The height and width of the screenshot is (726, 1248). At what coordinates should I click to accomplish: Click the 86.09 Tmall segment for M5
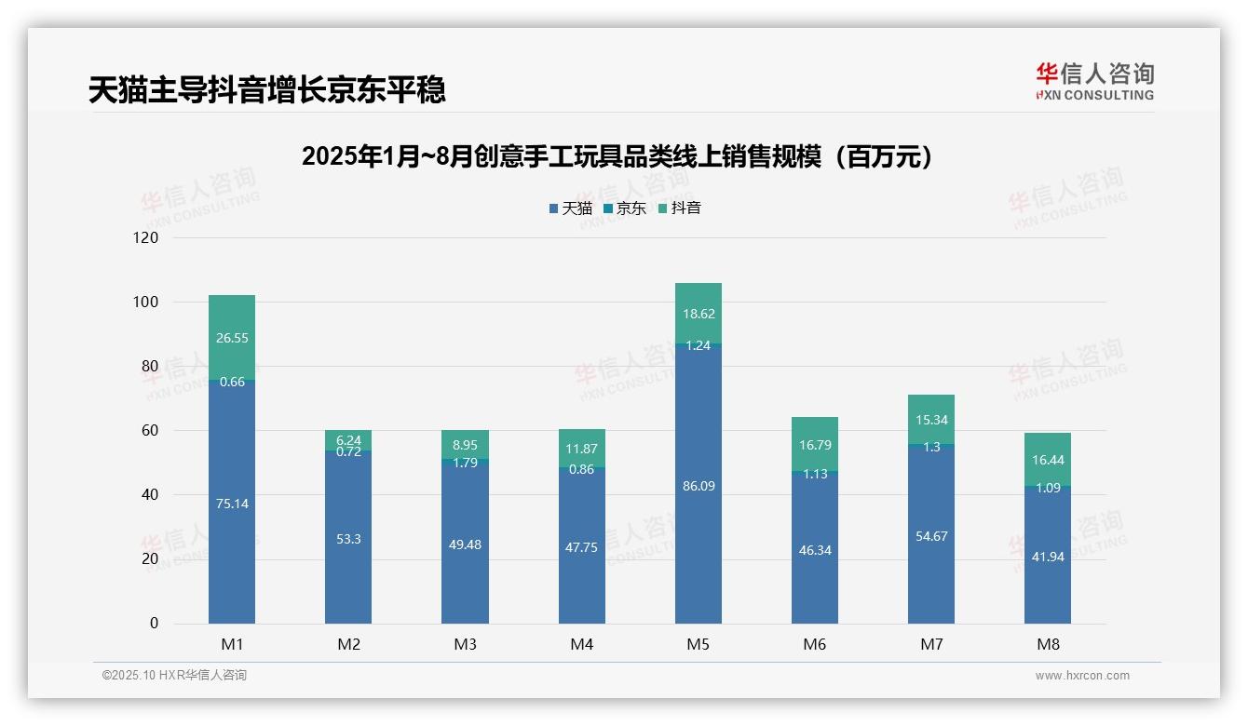(698, 485)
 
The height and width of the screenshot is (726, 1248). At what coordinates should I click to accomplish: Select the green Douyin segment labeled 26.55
(232, 337)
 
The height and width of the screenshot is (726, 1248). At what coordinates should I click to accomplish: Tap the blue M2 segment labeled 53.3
(348, 538)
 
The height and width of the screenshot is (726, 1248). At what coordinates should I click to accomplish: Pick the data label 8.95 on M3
(465, 445)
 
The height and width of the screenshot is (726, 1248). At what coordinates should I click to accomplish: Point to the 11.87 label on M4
(581, 450)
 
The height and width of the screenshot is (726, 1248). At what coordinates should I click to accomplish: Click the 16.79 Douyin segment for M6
(815, 444)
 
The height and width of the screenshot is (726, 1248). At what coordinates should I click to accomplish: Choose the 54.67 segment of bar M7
(931, 535)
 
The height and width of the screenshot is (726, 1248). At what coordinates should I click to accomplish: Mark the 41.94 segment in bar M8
(1048, 556)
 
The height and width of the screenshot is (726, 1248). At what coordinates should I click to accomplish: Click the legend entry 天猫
(570, 208)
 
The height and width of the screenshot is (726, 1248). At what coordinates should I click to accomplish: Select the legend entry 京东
(625, 208)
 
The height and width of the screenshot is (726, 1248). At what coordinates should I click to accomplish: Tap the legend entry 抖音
(680, 208)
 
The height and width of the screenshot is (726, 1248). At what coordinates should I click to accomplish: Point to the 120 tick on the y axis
(146, 238)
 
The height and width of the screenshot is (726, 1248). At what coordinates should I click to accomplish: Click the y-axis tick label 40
(149, 495)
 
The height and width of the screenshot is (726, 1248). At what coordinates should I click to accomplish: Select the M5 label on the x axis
(698, 644)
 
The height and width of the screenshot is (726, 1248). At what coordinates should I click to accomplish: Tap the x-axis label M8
(1048, 644)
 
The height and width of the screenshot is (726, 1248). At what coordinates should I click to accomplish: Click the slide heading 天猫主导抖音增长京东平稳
(267, 90)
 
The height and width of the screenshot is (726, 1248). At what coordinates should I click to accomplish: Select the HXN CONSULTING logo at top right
(1094, 82)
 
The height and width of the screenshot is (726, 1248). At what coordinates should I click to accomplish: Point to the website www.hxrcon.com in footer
(1082, 676)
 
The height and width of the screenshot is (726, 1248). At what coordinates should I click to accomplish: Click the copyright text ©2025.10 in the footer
(174, 676)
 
